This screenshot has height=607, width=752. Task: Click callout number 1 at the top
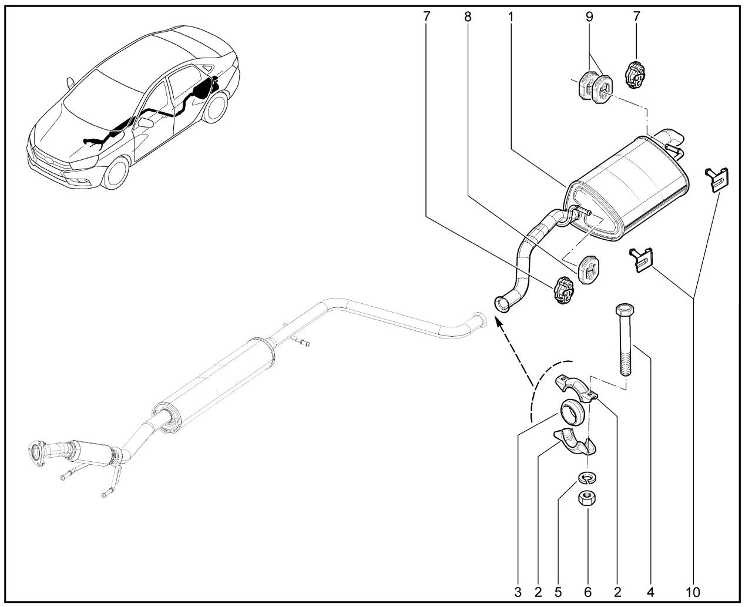[x=511, y=16]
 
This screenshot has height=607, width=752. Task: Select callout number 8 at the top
[x=468, y=16]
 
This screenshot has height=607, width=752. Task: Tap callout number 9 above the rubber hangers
[x=590, y=16]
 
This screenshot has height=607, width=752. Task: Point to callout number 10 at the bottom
[x=693, y=592]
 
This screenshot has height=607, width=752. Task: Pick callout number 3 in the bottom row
[x=518, y=592]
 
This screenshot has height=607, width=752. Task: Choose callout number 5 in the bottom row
[x=558, y=592]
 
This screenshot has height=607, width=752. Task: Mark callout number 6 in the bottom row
[x=588, y=592]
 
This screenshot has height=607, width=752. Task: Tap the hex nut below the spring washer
[x=587, y=498]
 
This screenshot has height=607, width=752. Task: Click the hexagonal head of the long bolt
[x=625, y=310]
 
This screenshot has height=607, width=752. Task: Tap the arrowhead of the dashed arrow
[x=499, y=322]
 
